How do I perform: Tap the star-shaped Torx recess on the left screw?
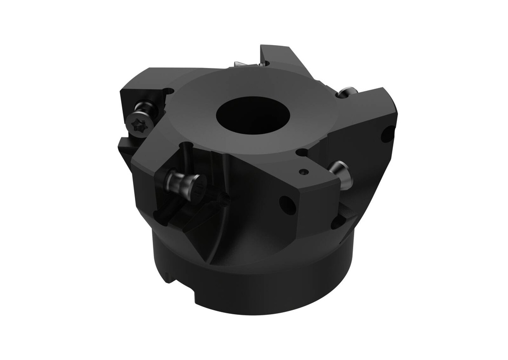click(136, 122)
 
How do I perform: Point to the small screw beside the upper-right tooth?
click(347, 92)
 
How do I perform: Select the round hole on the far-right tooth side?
click(387, 134)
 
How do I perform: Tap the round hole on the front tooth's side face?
click(287, 205)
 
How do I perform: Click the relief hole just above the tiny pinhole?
click(302, 153)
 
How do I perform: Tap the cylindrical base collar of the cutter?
click(258, 288)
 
